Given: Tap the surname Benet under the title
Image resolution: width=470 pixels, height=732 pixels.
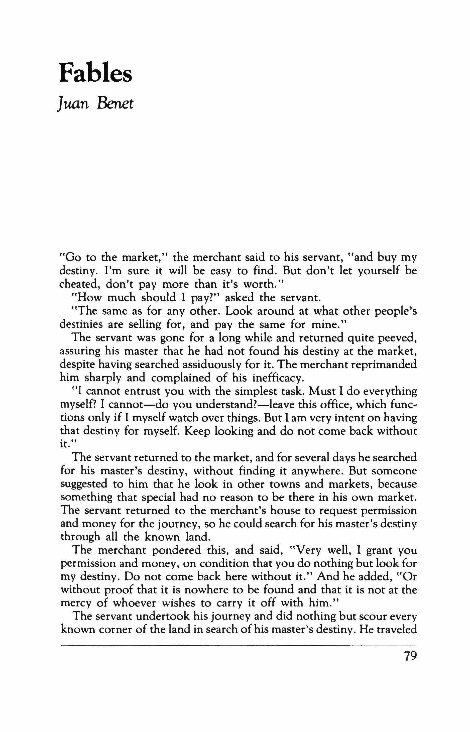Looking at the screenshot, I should tap(115, 103).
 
